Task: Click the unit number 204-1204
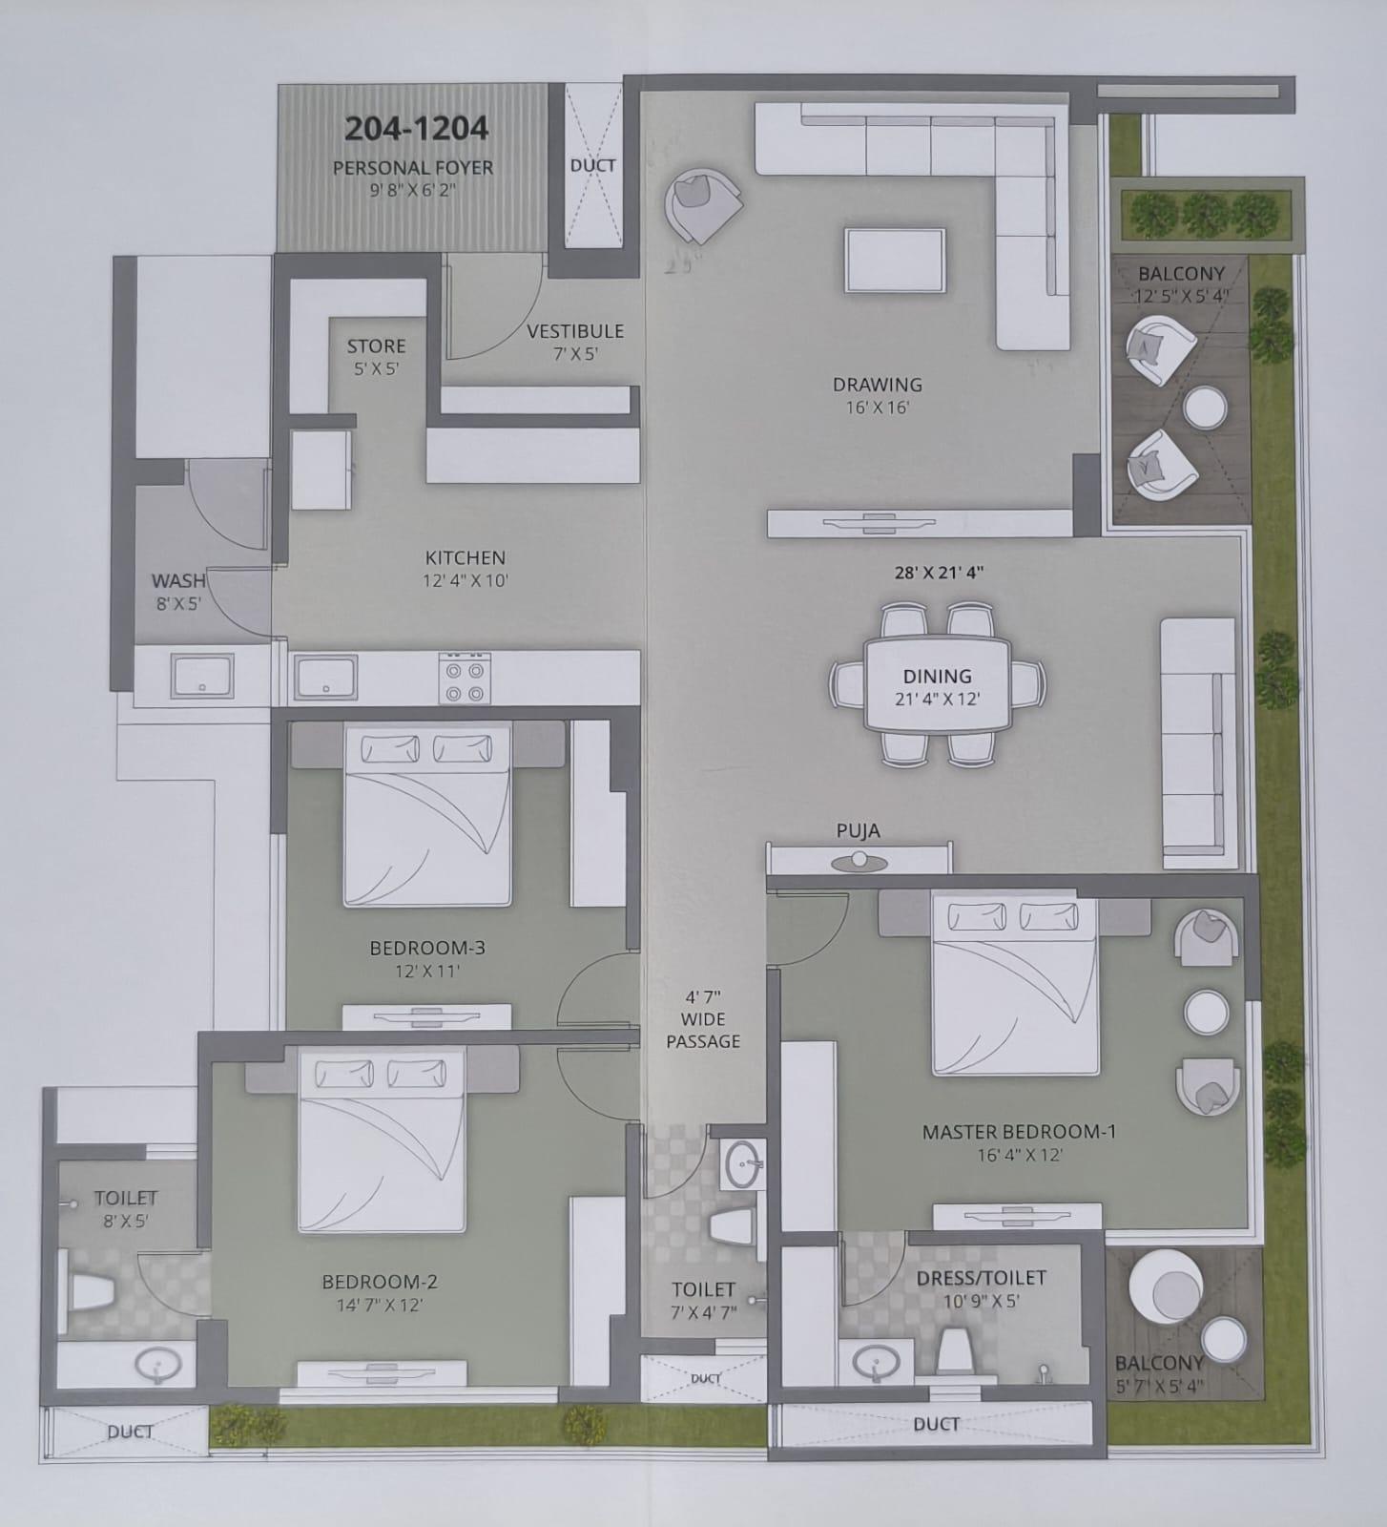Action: point(416,128)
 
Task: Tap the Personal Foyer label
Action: point(413,168)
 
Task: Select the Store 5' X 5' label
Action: point(376,356)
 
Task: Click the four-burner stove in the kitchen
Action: point(465,678)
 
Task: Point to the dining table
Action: point(937,683)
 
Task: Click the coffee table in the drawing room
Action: point(895,261)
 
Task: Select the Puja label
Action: point(858,830)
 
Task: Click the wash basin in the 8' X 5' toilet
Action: point(156,1367)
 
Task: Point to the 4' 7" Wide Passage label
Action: point(703,1018)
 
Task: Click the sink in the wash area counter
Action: point(202,677)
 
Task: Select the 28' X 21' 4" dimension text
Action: point(939,573)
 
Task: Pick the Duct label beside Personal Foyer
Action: point(592,165)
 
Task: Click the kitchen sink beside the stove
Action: point(325,677)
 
